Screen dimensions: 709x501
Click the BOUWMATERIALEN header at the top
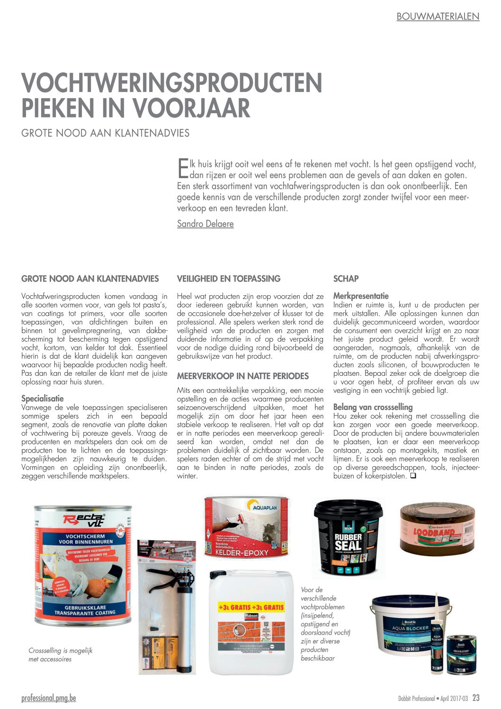tap(438, 17)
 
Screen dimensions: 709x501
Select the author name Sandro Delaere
tap(205, 224)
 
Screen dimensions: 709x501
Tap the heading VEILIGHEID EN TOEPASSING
tap(229, 279)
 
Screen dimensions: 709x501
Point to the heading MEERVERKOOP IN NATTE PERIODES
tap(242, 376)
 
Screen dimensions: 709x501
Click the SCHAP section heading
tap(346, 279)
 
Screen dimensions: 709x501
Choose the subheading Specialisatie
tap(42, 399)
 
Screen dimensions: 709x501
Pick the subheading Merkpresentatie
tap(361, 296)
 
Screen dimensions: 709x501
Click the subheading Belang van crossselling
tap(373, 407)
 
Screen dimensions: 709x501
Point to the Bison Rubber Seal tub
tap(348, 538)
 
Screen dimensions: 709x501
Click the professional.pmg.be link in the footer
tap(48, 698)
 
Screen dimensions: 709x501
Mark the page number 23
tap(476, 698)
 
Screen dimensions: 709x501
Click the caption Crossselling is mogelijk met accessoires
tap(60, 654)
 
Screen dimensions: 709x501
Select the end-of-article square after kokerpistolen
tap(413, 475)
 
